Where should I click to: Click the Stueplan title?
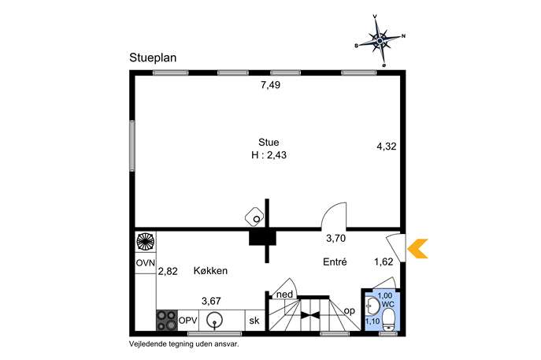click(153, 58)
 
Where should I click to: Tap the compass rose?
click(380, 41)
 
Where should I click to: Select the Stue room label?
click(269, 143)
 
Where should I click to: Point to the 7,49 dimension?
click(271, 85)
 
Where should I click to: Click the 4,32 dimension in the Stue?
click(387, 147)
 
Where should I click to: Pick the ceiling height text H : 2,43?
click(269, 155)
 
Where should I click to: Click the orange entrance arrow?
click(418, 248)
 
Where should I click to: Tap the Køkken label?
click(210, 271)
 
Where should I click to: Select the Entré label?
click(335, 262)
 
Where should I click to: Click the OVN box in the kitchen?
click(145, 262)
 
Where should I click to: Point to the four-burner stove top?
click(167, 321)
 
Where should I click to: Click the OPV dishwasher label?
click(188, 321)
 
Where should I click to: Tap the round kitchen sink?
click(214, 321)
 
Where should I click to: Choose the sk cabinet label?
click(254, 321)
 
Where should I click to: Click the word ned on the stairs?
click(284, 295)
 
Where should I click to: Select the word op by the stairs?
click(350, 311)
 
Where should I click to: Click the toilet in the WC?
click(389, 320)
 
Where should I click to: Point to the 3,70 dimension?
click(336, 238)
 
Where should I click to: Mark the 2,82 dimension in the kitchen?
click(168, 271)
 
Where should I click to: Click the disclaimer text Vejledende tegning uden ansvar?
click(184, 343)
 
